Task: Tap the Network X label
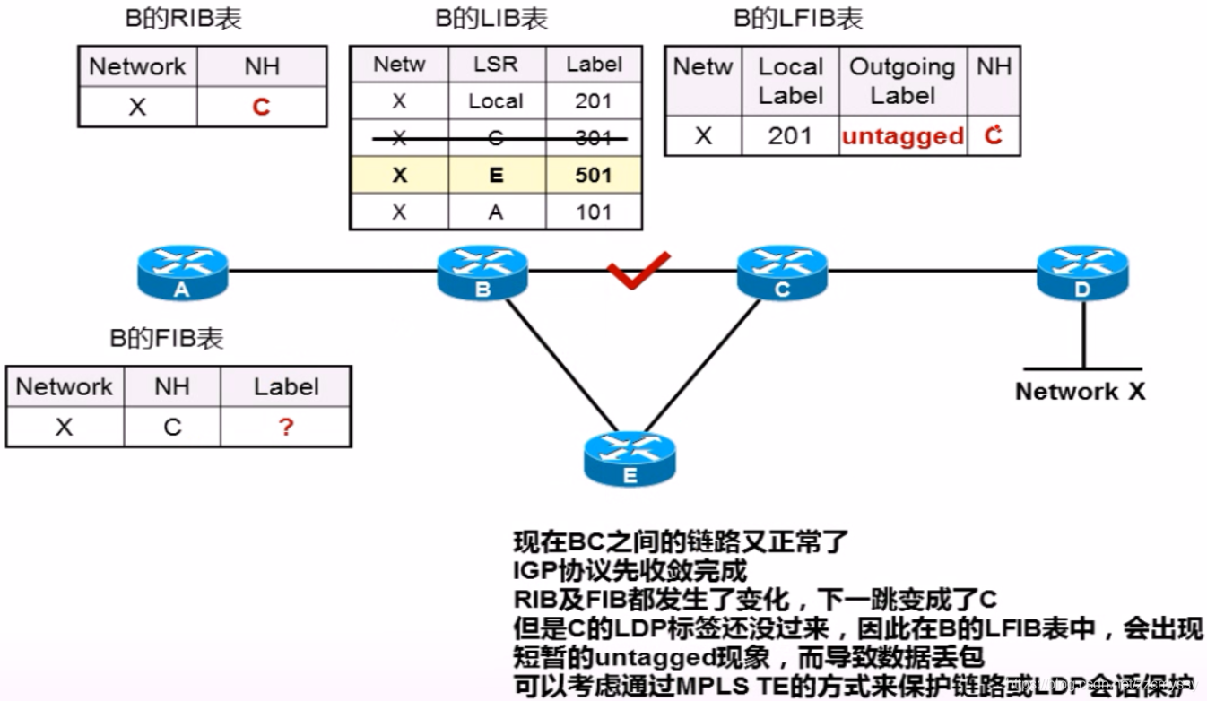pos(1080,391)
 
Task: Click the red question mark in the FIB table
pos(285,427)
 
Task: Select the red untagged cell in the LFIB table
pos(903,136)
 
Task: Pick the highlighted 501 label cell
pos(594,175)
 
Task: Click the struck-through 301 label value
pos(594,137)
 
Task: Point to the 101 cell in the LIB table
pos(594,212)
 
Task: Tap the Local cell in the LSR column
pos(495,100)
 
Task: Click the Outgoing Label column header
pos(902,81)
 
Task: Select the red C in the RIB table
pos(261,108)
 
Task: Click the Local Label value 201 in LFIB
pos(790,136)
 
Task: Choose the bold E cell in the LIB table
pos(495,175)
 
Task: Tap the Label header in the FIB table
pos(285,386)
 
